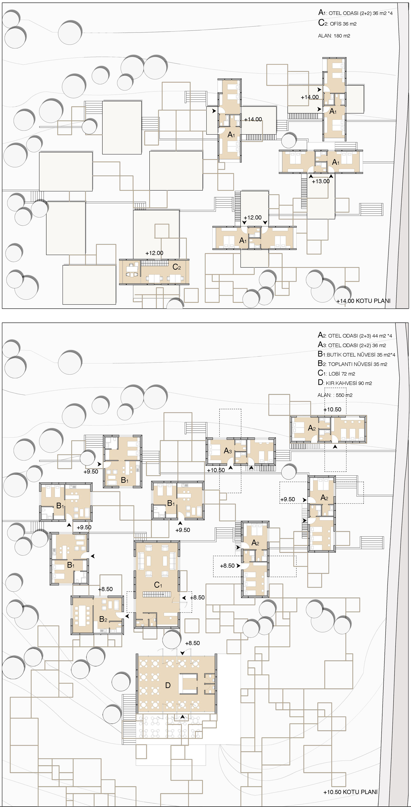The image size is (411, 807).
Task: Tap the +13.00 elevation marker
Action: coord(321,181)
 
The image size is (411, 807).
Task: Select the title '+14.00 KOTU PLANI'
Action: coord(363,301)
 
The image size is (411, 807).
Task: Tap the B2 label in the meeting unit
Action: coord(103,619)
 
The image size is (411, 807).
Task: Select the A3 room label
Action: coord(228,451)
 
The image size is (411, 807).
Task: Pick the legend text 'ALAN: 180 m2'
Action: coord(334,36)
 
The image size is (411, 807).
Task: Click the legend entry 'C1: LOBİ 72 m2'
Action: coord(336,373)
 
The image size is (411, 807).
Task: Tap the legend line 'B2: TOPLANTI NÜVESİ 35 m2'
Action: coord(352,364)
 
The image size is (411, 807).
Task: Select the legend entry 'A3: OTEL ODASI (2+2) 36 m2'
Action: coord(352,345)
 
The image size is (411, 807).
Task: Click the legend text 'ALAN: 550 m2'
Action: coord(335,395)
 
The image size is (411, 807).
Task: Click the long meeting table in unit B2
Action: coord(83,614)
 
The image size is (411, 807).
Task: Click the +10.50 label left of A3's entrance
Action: coord(216,470)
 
